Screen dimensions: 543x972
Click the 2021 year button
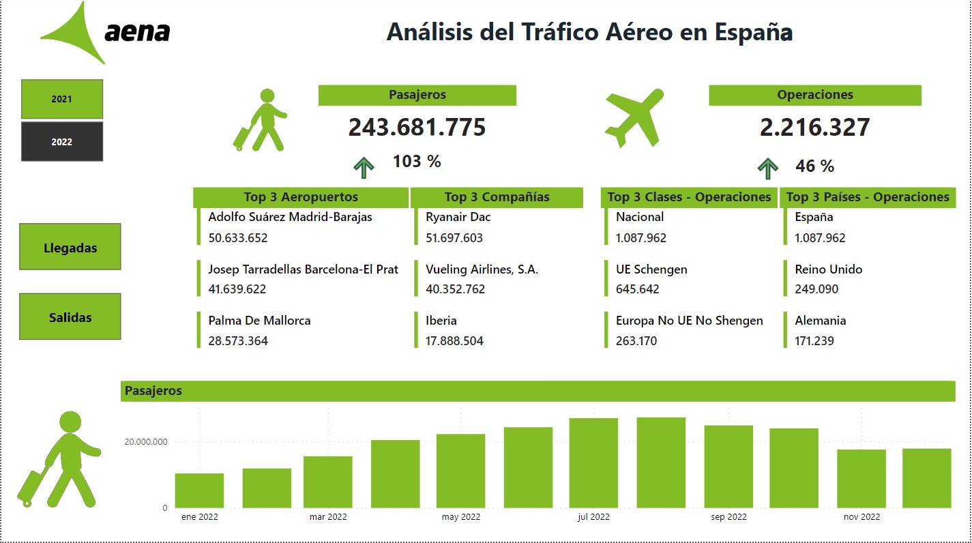[61, 99]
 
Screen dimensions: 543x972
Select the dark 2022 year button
[61, 142]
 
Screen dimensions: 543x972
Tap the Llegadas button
[70, 248]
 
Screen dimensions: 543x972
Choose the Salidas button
[70, 317]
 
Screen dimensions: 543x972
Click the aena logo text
[137, 32]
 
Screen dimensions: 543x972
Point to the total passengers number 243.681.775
[417, 128]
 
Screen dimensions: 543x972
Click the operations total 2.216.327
[814, 128]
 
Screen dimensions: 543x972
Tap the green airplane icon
[634, 117]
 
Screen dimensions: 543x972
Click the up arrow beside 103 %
[364, 167]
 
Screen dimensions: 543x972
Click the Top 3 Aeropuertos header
[301, 197]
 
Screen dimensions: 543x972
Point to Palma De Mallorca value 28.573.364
[238, 341]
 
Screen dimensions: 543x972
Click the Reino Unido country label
[828, 269]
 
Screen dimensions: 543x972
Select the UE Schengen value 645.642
[637, 289]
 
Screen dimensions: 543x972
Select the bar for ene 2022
[199, 490]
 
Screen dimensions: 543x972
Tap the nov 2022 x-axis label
[861, 517]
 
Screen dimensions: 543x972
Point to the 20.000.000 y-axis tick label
[145, 442]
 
